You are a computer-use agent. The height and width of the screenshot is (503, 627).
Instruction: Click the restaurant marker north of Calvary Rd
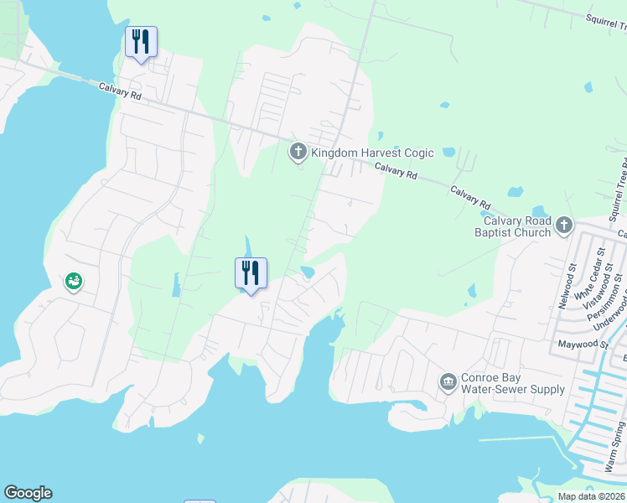[141, 42]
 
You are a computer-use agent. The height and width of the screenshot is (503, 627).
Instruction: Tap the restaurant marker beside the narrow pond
[250, 273]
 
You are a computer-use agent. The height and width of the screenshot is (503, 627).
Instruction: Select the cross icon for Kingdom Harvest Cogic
[298, 153]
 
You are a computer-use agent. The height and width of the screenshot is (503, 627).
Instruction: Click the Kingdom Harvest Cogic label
[372, 153]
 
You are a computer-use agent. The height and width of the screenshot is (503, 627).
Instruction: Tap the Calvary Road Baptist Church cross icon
[564, 225]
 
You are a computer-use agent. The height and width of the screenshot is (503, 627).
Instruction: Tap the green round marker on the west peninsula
[74, 282]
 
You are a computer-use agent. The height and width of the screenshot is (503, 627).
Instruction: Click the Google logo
[28, 493]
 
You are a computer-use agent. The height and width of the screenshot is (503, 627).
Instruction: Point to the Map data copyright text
[591, 496]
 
